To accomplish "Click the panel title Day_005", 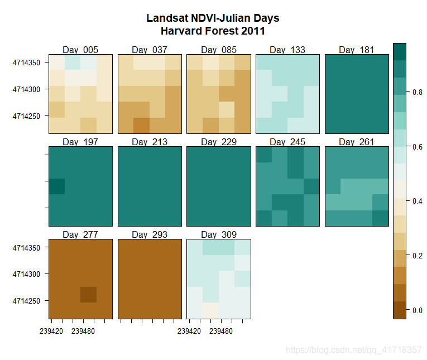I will (80, 50).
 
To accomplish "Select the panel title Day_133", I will (287, 50).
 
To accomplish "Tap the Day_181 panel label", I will (356, 50).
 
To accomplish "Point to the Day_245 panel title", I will (287, 142).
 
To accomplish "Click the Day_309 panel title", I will (218, 234).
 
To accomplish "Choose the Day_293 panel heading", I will (150, 234).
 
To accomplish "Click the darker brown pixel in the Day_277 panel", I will (89, 294).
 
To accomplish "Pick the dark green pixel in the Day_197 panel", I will (57, 186).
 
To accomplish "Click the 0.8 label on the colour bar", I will (417, 93).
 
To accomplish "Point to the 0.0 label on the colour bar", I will (417, 310).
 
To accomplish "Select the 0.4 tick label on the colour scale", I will (417, 201).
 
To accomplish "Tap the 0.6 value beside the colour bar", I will (417, 147).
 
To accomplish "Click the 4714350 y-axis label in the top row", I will (27, 63).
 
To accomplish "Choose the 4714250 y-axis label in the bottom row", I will (27, 301).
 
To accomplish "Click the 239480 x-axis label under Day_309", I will (222, 331).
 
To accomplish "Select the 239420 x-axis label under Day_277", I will (51, 331).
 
